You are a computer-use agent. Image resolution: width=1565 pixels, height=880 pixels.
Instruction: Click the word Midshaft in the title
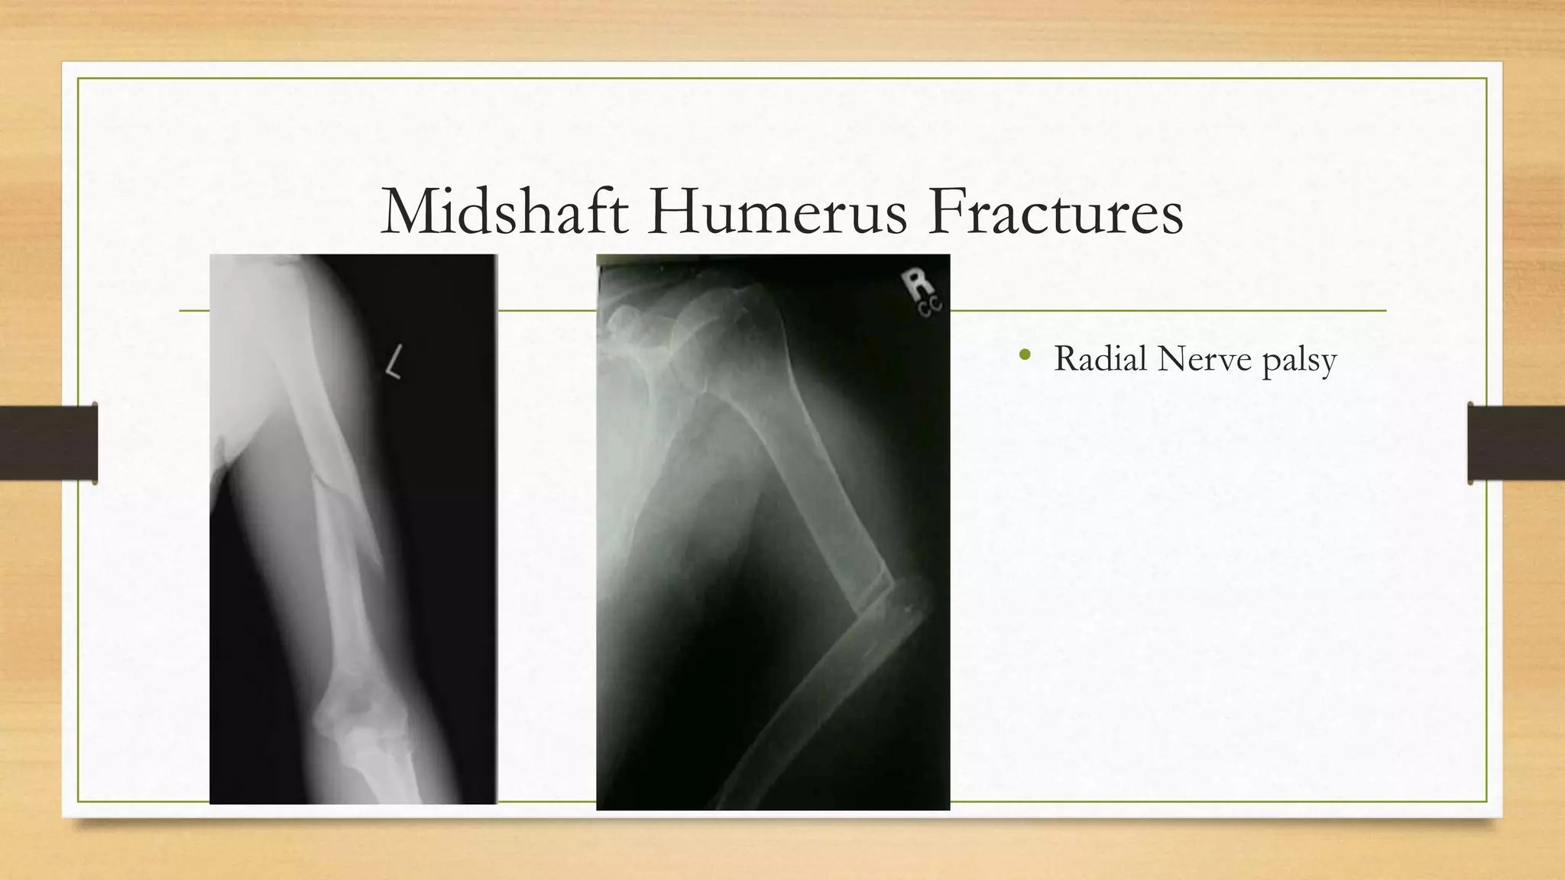(x=504, y=212)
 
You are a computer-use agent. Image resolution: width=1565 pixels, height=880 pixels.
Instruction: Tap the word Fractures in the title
(x=1055, y=212)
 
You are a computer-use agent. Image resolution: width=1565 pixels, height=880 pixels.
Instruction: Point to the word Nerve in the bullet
(x=1204, y=358)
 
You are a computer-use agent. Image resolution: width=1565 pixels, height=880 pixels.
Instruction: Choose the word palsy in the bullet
(x=1299, y=361)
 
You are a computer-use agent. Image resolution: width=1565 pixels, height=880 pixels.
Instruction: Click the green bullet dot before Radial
(x=1026, y=354)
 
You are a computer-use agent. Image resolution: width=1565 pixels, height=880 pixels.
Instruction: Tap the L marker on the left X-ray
(x=394, y=361)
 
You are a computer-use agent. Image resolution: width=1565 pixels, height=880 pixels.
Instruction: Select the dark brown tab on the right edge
(x=1516, y=442)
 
